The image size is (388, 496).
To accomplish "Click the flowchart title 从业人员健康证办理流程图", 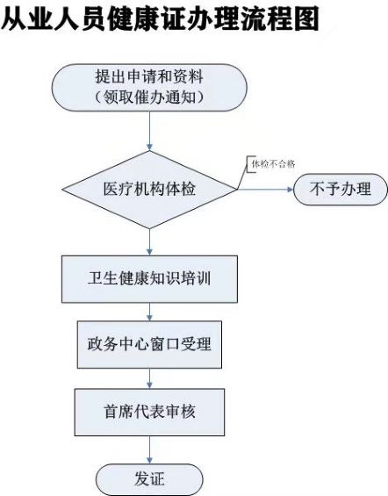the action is coord(160,18).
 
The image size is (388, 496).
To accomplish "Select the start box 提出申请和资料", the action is coord(149,88).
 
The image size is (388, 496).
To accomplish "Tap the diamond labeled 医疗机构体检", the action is coord(149,190).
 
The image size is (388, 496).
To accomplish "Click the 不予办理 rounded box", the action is coord(341,189).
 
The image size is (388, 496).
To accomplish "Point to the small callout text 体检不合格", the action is coord(273,164).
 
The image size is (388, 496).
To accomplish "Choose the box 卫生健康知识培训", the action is coord(149,279).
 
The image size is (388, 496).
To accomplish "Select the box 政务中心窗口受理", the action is coord(149,344).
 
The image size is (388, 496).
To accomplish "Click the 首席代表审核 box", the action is coord(149,413).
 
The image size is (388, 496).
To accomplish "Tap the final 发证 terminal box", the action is coord(149,479).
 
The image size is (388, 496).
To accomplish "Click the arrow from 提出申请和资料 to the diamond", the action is coord(149,131).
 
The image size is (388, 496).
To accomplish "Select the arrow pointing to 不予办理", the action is coord(265,189).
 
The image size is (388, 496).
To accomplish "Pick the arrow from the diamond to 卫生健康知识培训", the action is coord(149,242).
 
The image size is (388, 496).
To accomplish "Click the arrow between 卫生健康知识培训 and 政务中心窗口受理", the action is coord(149,312).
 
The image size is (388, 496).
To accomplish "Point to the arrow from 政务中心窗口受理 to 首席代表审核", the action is coord(149,378).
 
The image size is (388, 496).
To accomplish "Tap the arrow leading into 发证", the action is coord(149,449).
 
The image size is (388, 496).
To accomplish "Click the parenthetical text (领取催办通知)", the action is coord(149,97).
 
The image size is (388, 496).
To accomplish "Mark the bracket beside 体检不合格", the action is coord(248,164).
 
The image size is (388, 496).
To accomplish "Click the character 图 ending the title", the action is coord(305,18).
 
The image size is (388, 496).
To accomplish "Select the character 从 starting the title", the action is coord(14,19).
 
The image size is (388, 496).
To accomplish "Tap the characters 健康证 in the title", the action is coord(147,18).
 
